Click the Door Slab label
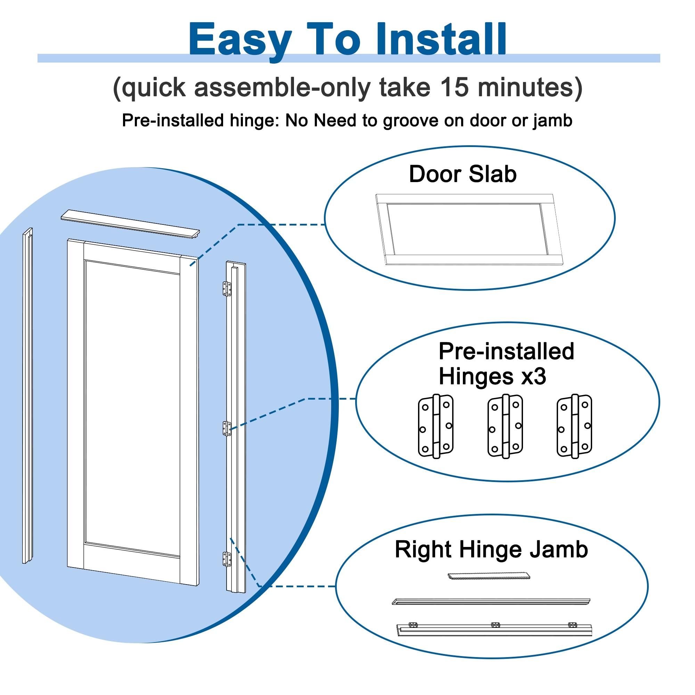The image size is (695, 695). tap(463, 174)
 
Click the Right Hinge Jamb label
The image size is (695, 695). tap(491, 549)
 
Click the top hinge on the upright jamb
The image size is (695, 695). tap(227, 289)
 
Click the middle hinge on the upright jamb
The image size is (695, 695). tap(227, 429)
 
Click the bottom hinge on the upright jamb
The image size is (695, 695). tap(227, 559)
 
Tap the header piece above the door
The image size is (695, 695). tap(130, 223)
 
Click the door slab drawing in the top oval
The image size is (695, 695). tap(469, 229)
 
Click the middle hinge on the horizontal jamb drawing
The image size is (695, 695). tap(495, 625)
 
